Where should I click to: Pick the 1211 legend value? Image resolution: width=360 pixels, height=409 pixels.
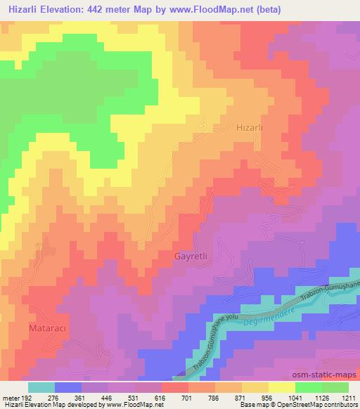point(349,397)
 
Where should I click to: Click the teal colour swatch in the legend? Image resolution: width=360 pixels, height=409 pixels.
point(41,387)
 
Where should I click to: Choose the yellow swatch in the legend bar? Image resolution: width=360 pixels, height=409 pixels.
point(281,387)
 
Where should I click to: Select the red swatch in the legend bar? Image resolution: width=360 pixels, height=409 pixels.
point(174,387)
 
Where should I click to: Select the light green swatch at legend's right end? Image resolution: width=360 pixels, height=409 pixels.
point(335,387)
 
